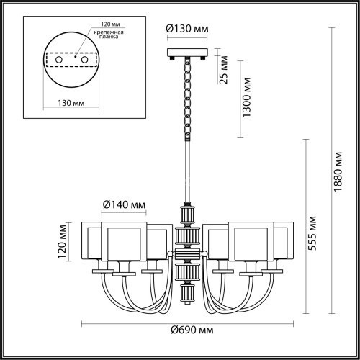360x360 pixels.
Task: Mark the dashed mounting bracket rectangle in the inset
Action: point(73,60)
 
